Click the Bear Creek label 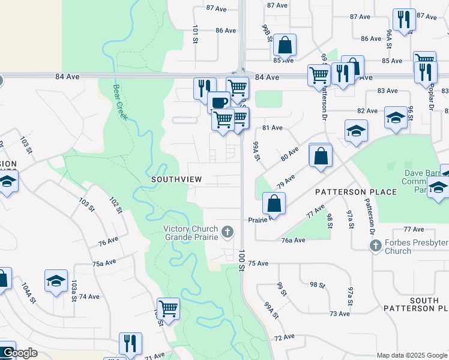120,101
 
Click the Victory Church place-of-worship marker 228,231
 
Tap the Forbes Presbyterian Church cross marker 375,245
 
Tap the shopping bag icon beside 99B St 285,43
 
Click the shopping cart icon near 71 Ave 169,308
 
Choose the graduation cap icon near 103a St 56,280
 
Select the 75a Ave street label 104,263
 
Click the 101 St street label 196,34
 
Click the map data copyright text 412,355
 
